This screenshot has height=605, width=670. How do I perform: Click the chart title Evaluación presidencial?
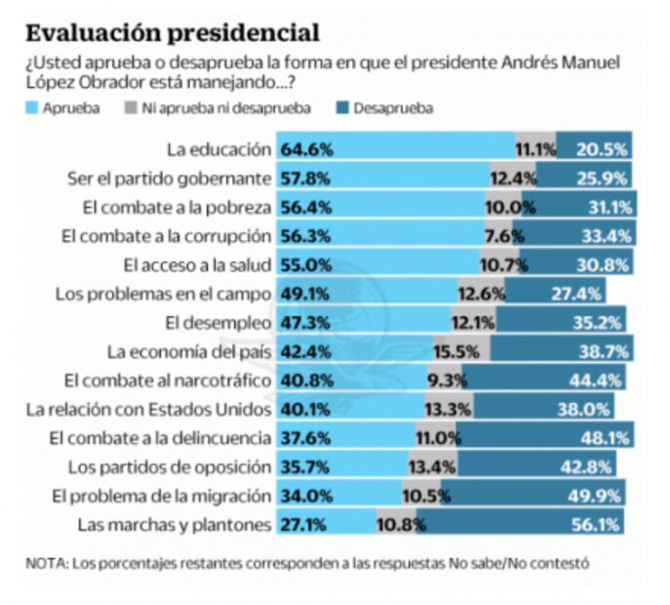[172, 32]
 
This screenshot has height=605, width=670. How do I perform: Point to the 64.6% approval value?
[307, 150]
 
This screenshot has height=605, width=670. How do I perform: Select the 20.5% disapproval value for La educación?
[604, 150]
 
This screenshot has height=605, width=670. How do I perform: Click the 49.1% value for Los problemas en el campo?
[307, 292]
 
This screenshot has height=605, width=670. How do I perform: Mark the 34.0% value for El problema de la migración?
[307, 496]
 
